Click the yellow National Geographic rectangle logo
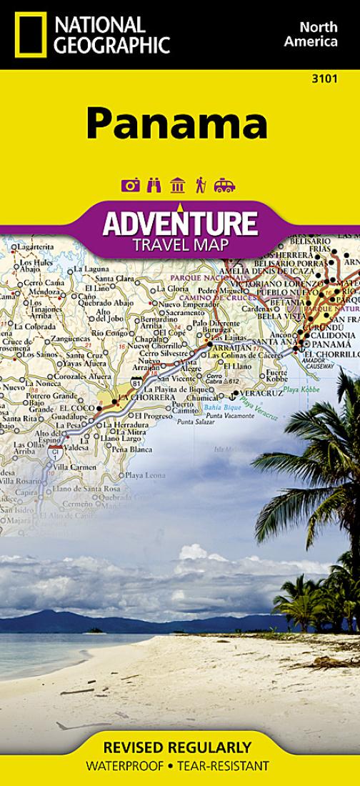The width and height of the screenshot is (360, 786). [x=28, y=34]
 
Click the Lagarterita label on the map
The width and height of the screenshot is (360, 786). [x=34, y=247]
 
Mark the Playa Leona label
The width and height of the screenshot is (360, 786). [x=145, y=475]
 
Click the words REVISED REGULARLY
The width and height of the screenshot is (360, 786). [x=177, y=748]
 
